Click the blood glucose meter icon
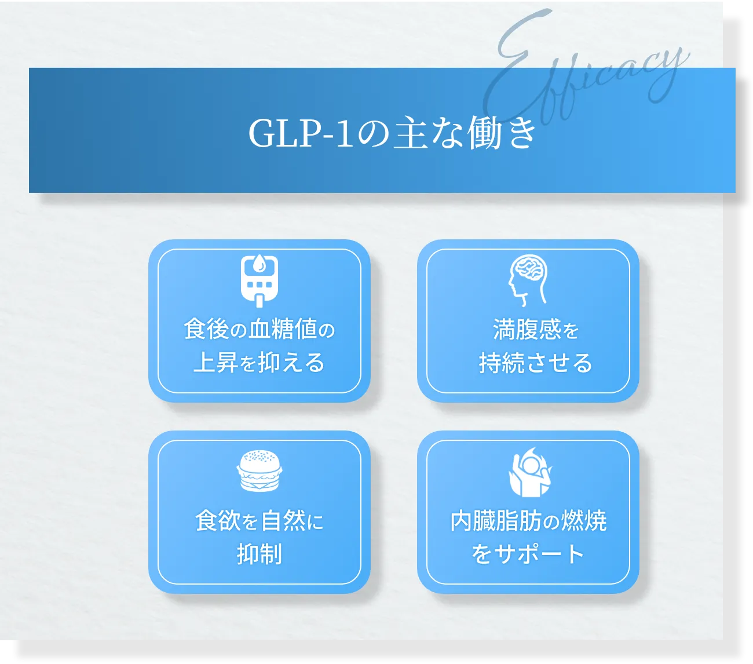259,280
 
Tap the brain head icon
528,280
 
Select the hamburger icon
259,471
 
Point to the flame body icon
530,472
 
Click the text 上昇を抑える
259,363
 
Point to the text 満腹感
527,330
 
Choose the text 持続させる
535,363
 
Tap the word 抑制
259,554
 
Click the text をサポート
528,554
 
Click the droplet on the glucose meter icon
259,264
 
